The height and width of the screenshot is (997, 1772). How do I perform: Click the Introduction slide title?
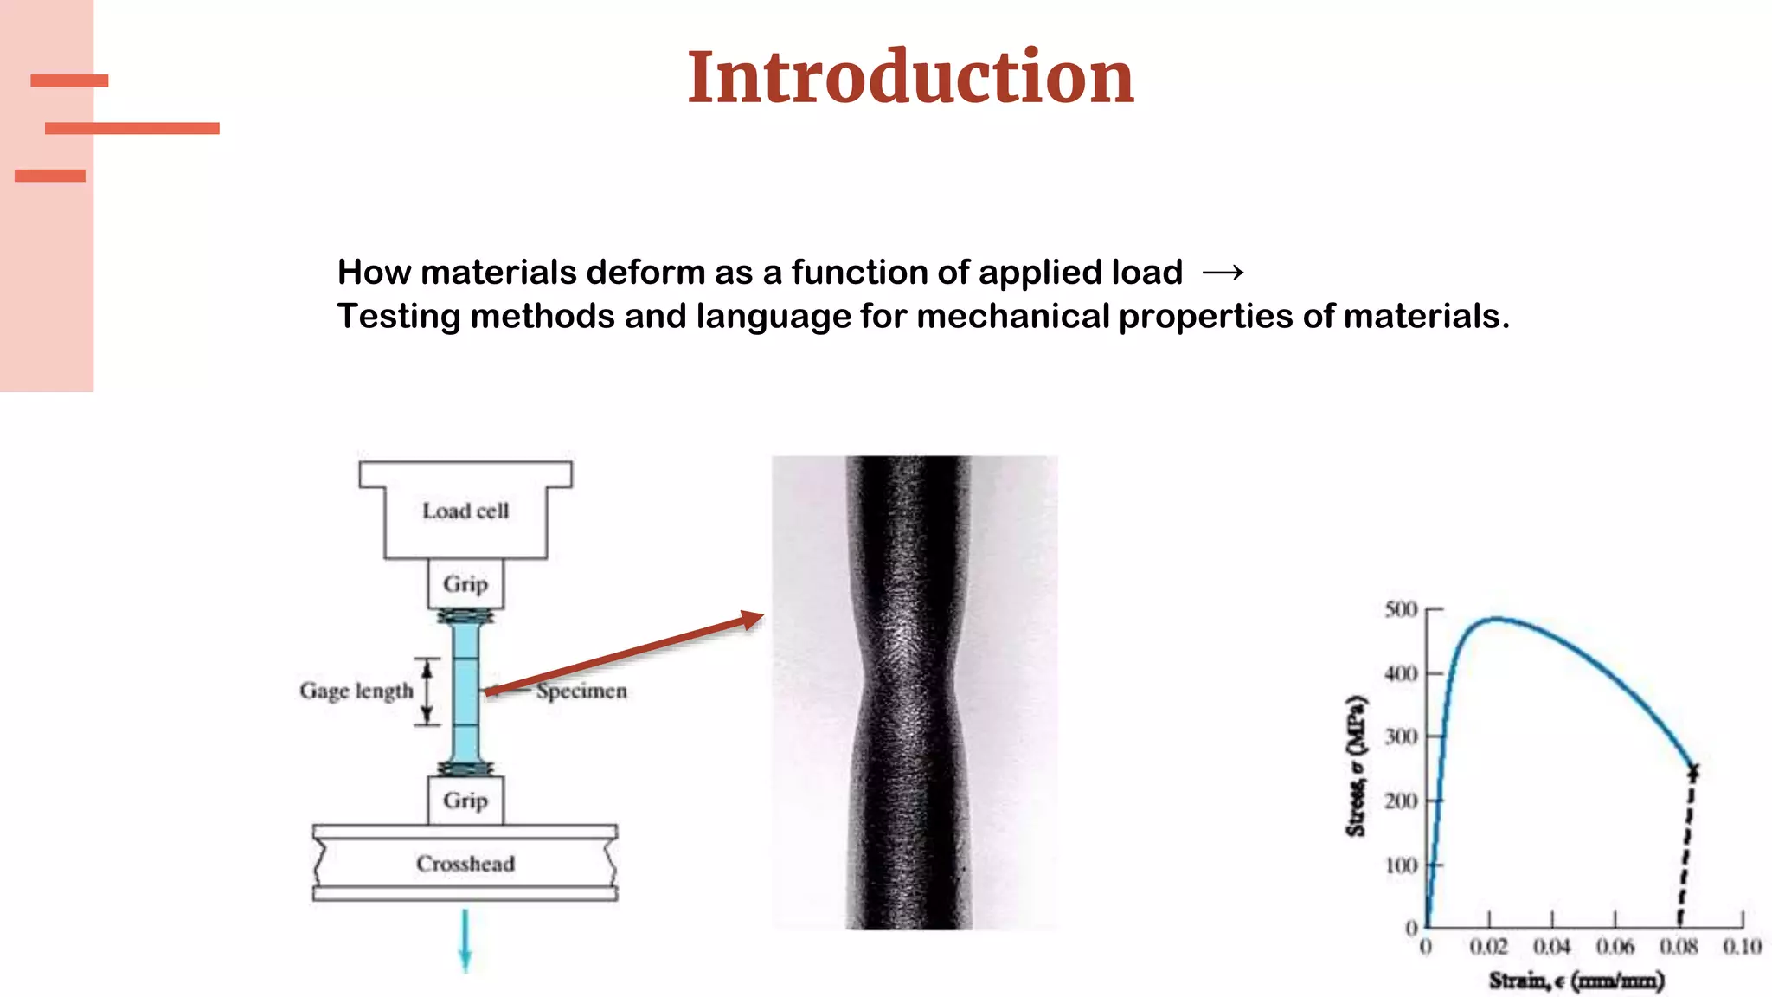tap(910, 78)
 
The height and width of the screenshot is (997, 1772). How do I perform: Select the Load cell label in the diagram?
tap(465, 511)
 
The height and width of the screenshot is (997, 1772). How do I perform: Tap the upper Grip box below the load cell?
tap(465, 584)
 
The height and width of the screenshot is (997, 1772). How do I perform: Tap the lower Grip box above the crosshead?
tap(465, 801)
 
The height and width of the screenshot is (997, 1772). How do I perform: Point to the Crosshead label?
tap(465, 864)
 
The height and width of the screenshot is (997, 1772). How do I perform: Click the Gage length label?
tap(356, 691)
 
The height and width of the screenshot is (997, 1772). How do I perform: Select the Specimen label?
tap(581, 691)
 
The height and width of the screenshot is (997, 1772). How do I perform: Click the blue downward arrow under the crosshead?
tap(465, 943)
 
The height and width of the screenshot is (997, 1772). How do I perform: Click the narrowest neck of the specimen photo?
tap(908, 684)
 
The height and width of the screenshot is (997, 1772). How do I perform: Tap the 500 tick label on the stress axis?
tap(1401, 609)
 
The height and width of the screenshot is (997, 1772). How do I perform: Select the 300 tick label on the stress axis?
tap(1401, 736)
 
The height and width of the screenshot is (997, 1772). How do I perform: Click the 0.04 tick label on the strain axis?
tap(1551, 947)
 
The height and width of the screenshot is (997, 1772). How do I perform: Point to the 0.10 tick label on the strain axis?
tap(1742, 947)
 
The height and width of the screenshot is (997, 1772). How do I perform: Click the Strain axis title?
tap(1576, 981)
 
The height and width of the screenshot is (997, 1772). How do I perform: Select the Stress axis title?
tap(1356, 766)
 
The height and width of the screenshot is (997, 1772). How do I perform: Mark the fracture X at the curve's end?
tap(1693, 770)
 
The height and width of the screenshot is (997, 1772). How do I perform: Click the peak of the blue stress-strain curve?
tap(1495, 619)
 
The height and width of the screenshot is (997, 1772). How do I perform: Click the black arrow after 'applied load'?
tap(1223, 273)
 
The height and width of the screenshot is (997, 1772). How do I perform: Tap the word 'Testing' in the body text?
tap(398, 317)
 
